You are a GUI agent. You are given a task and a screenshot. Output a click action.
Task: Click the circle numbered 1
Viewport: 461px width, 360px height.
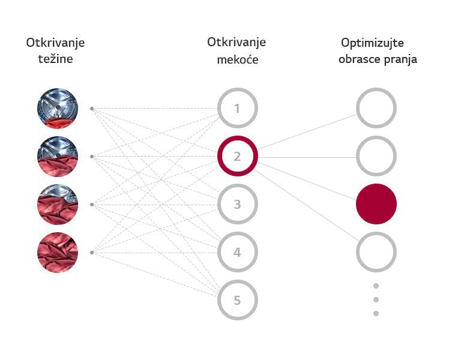point(237,109)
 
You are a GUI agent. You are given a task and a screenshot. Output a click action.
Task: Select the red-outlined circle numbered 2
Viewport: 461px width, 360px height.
point(237,157)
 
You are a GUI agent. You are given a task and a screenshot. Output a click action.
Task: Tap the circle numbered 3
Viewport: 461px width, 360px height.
point(237,205)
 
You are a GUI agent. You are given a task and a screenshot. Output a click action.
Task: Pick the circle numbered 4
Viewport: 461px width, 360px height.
point(237,253)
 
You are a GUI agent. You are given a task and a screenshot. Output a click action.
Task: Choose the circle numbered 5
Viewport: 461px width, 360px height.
point(237,300)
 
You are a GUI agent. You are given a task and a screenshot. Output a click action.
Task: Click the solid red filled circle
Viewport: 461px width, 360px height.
point(376,204)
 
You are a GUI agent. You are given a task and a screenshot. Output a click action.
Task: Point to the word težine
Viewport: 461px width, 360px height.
point(55,59)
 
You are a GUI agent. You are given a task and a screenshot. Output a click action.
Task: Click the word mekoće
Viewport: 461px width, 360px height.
point(237,59)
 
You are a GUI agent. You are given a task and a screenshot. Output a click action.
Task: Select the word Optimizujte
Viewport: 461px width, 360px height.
point(372,43)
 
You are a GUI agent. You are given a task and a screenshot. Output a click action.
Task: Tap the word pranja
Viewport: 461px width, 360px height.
point(401,59)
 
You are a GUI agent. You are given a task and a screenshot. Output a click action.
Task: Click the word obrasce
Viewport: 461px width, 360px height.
point(359,59)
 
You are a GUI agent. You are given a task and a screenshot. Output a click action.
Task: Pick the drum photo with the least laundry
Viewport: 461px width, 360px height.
point(58,109)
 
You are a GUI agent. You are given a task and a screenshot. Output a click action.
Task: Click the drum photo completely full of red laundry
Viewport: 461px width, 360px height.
point(58,253)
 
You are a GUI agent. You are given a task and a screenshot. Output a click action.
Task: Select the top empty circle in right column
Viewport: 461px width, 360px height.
point(376,109)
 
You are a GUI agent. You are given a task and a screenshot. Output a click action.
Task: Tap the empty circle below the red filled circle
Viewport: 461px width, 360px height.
point(376,253)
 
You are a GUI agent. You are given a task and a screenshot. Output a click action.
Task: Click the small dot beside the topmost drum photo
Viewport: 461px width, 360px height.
point(92,109)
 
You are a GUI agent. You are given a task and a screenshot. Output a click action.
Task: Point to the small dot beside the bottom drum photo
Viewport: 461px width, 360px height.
point(92,253)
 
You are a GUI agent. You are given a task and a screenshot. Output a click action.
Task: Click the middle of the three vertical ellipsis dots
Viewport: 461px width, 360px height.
point(376,299)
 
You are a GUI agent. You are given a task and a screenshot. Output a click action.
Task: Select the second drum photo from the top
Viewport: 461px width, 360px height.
point(58,157)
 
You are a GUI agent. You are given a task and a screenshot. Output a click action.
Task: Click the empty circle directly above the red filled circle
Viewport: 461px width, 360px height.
point(376,157)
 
